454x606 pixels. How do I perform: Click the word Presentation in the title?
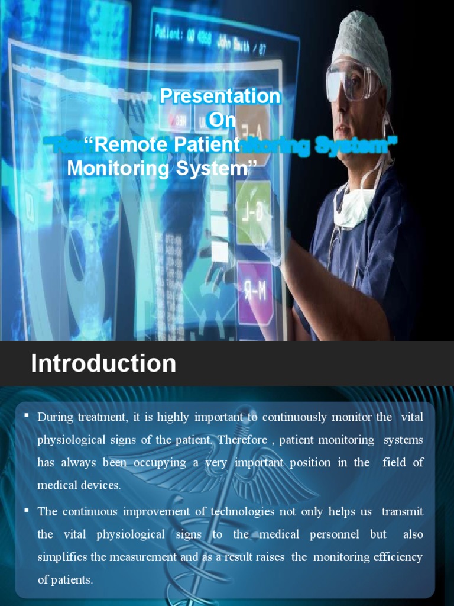(x=220, y=96)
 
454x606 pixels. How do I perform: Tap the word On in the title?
(x=222, y=120)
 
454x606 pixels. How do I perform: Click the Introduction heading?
(x=103, y=363)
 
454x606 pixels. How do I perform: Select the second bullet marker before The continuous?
(x=27, y=509)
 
